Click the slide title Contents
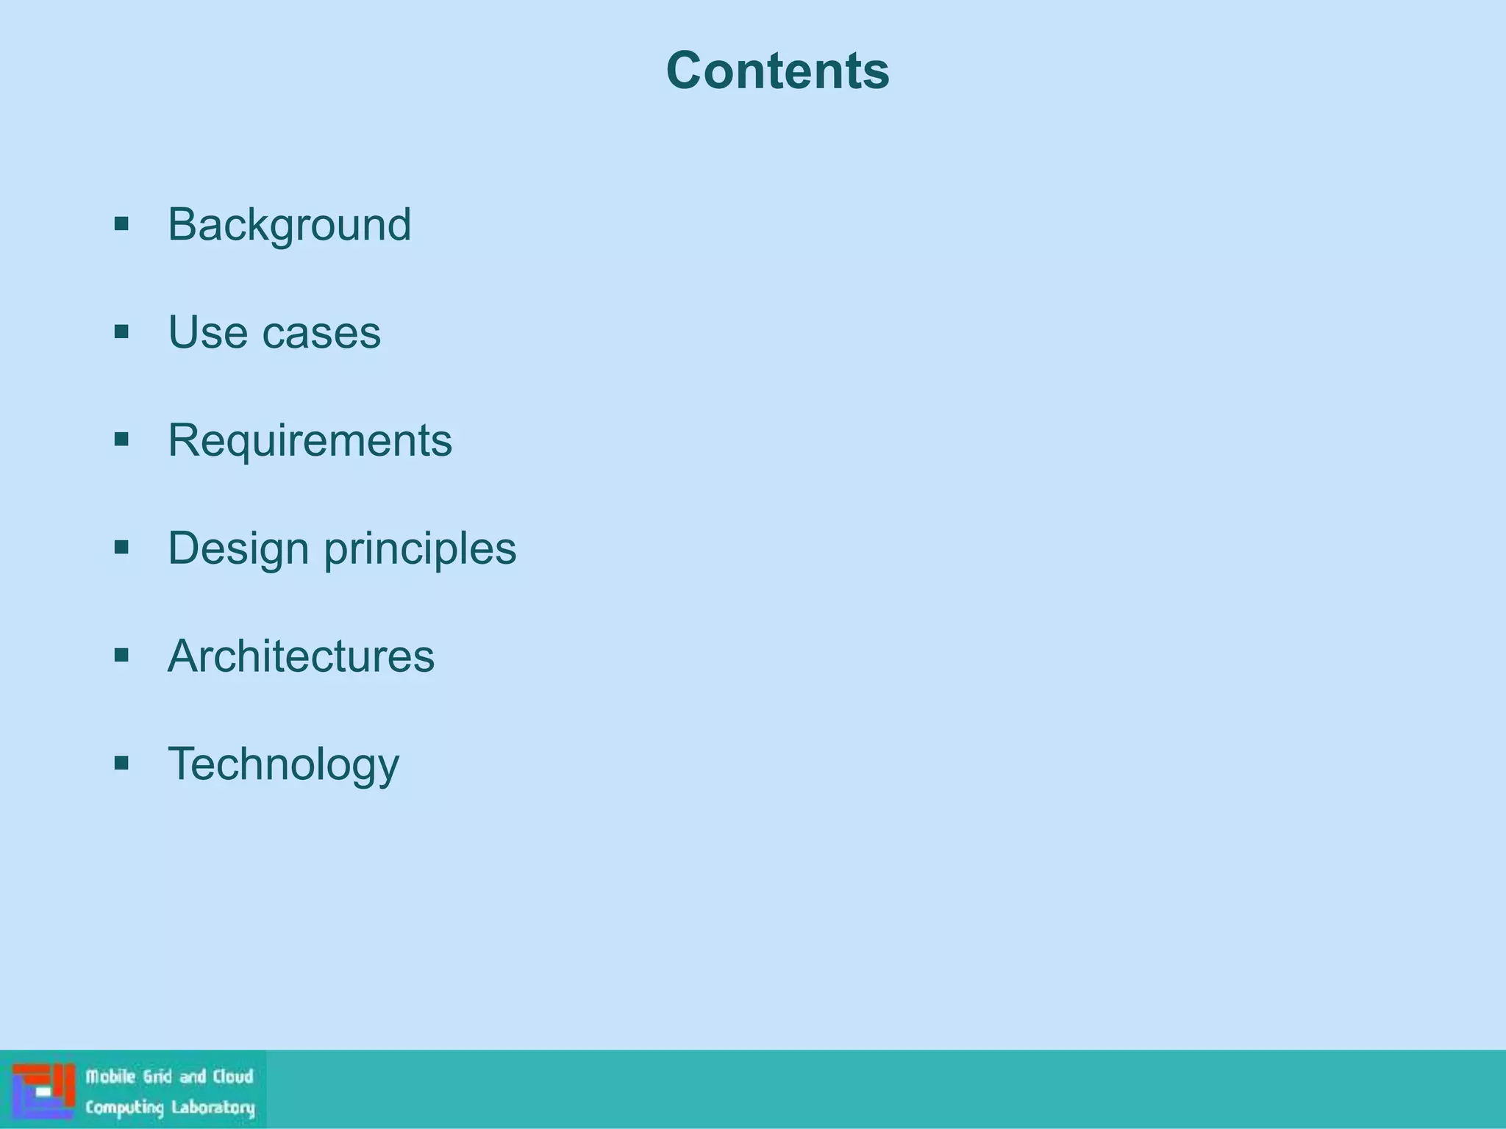777,71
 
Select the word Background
289,224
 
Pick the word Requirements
310,440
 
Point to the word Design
238,548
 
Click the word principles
420,549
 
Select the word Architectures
301,656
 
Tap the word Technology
283,764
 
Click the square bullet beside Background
122,223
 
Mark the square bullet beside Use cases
122,331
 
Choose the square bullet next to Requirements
122,440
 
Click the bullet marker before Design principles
122,547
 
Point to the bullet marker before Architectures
122,655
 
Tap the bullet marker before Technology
122,763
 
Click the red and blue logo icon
43,1091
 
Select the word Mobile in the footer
111,1077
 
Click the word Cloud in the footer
233,1077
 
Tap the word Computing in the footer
124,1107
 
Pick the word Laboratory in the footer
213,1107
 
